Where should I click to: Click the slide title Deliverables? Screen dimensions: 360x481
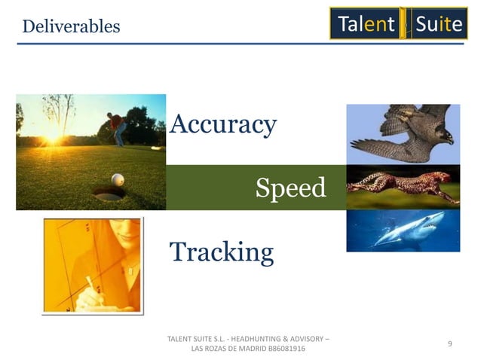71,26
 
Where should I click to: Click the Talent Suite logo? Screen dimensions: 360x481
398,23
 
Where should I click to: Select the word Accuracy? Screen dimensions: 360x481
223,124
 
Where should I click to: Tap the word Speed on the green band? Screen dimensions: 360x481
290,188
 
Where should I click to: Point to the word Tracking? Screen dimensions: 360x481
222,252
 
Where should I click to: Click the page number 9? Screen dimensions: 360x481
449,343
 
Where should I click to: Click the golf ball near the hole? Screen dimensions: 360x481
117,179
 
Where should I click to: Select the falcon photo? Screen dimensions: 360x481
403,133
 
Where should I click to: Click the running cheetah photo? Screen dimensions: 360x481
403,187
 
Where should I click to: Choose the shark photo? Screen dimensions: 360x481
403,230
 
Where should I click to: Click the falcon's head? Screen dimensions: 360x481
444,136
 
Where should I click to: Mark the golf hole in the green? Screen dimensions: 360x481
108,194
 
